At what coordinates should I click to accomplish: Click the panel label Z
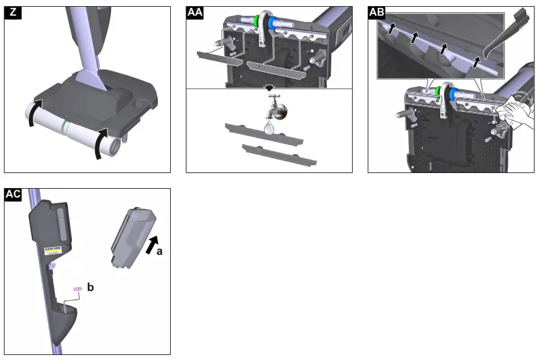[12, 13]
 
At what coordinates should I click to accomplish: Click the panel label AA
[195, 13]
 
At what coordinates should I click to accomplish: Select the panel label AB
[377, 13]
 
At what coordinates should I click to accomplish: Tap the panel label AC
[13, 194]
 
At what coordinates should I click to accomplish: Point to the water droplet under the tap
[269, 128]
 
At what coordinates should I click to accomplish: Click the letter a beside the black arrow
[160, 252]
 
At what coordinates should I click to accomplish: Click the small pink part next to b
[77, 288]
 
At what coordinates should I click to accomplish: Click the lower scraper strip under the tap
[279, 155]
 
